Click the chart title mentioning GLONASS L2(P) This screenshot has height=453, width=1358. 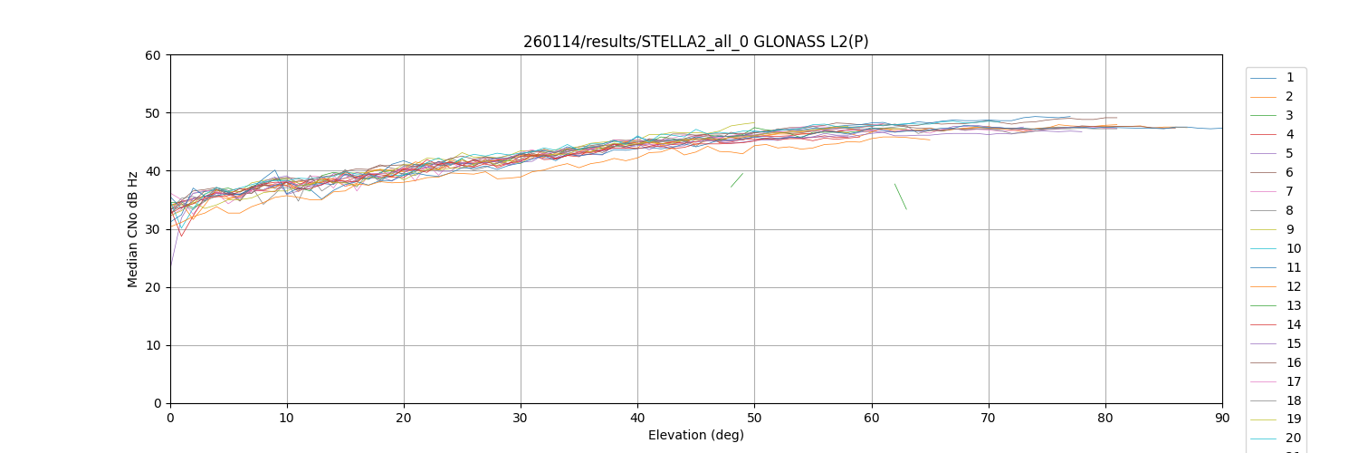[x=695, y=42]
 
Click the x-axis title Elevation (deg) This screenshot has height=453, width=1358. [x=695, y=435]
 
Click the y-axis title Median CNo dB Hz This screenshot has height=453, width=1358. [x=133, y=229]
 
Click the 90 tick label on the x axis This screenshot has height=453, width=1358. [x=1222, y=418]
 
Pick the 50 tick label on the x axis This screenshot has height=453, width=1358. [x=754, y=418]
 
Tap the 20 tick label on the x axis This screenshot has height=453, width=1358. [x=404, y=418]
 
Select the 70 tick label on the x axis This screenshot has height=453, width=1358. [x=988, y=418]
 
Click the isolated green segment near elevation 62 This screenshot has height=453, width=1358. [x=900, y=197]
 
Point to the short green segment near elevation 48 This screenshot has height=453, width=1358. [x=737, y=180]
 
